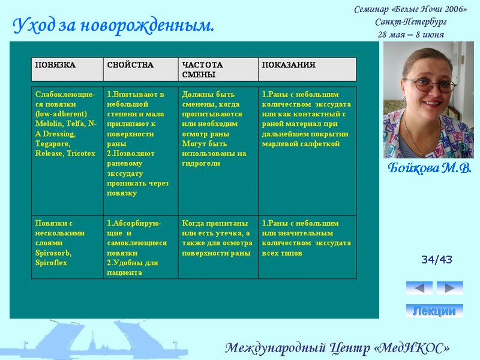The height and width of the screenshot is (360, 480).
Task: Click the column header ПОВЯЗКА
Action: click(x=55, y=65)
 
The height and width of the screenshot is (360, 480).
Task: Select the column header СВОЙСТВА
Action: click(x=130, y=65)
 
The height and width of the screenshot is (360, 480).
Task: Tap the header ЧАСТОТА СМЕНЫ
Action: click(x=202, y=69)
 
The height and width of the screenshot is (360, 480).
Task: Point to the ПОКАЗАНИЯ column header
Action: click(x=289, y=65)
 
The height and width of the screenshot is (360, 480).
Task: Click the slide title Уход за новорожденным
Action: click(x=113, y=26)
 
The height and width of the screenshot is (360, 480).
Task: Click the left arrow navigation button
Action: click(x=419, y=288)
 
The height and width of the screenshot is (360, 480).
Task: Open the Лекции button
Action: click(x=434, y=311)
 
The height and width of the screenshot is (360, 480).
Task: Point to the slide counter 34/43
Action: click(x=436, y=260)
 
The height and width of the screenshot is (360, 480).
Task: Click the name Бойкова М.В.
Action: click(x=429, y=167)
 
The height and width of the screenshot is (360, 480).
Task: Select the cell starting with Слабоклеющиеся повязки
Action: click(x=66, y=124)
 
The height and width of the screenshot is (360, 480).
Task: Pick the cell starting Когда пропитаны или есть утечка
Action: click(x=217, y=238)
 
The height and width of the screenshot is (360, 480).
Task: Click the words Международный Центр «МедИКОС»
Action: click(x=337, y=348)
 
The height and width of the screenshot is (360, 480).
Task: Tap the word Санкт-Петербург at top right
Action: click(x=411, y=22)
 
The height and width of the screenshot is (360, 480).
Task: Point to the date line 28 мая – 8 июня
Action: click(x=411, y=34)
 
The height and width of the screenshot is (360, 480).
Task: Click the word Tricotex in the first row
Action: click(x=80, y=154)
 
